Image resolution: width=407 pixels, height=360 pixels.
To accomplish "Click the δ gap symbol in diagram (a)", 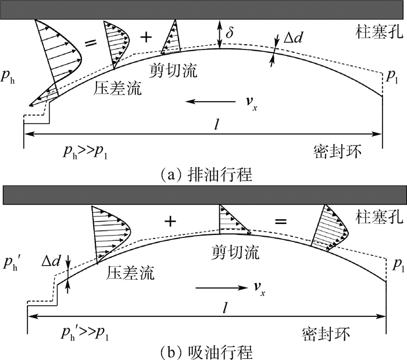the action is pos(230,32).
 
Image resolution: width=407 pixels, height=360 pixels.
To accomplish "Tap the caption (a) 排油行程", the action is pos(206,174).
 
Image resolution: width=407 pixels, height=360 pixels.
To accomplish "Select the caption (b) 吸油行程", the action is pos(206,352).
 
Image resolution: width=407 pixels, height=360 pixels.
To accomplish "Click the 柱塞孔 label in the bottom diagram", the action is pos(379,217).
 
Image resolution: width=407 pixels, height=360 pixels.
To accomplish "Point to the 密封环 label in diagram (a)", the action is pos(337,151).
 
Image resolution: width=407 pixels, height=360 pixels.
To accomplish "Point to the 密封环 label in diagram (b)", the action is pos(326,333).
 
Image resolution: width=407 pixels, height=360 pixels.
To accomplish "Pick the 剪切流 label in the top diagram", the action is pos(173,70).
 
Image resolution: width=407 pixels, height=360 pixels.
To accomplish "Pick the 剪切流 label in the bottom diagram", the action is pos(235,252).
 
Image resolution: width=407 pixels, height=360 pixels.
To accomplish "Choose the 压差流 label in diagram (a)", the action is pos(117,88).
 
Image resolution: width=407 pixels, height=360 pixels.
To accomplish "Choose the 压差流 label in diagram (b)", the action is pos(130,272).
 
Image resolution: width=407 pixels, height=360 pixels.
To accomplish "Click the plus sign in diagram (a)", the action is pos(146,37).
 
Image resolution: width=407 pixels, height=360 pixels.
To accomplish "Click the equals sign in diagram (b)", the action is pos(281,222).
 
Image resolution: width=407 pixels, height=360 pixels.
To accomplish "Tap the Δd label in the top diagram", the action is pos(293,38).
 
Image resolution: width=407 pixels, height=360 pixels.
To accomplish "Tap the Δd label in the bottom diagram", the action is pos(51,261).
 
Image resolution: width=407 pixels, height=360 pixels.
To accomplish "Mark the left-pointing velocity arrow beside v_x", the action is pos(210,101).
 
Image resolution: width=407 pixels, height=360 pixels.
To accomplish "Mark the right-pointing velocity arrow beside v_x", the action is pos(222,287).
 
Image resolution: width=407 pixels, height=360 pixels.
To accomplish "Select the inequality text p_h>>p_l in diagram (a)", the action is pos(85,152).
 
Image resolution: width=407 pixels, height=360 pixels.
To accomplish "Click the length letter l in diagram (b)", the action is pos(225,308).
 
